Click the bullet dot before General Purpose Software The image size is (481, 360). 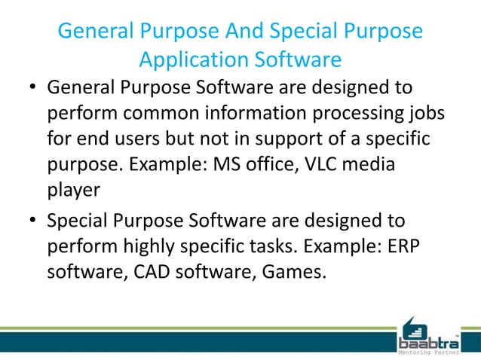(x=33, y=87)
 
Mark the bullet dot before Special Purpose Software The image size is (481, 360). (x=33, y=221)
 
